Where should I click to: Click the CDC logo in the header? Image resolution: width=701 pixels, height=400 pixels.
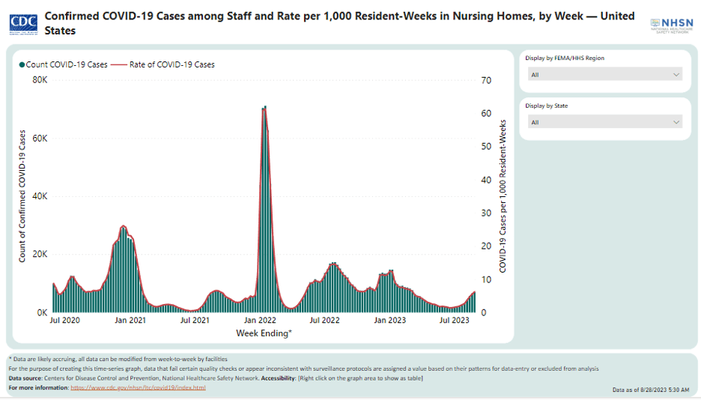point(25,22)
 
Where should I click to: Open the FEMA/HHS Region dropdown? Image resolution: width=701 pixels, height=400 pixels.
point(605,74)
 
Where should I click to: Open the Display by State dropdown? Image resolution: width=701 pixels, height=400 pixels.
point(605,122)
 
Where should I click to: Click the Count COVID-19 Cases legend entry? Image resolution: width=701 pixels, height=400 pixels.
point(64,64)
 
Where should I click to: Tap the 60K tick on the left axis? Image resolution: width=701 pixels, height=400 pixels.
point(40,139)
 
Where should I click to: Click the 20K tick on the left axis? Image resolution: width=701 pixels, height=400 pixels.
point(40,254)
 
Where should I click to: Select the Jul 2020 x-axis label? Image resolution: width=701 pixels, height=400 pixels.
point(66,321)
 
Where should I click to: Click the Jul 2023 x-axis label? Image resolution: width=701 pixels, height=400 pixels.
point(454,321)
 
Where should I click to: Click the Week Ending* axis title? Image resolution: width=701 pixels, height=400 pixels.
point(264,333)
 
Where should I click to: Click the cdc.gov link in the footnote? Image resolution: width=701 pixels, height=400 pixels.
point(138,387)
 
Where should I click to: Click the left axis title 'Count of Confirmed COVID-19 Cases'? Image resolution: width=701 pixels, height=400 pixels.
point(22,196)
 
